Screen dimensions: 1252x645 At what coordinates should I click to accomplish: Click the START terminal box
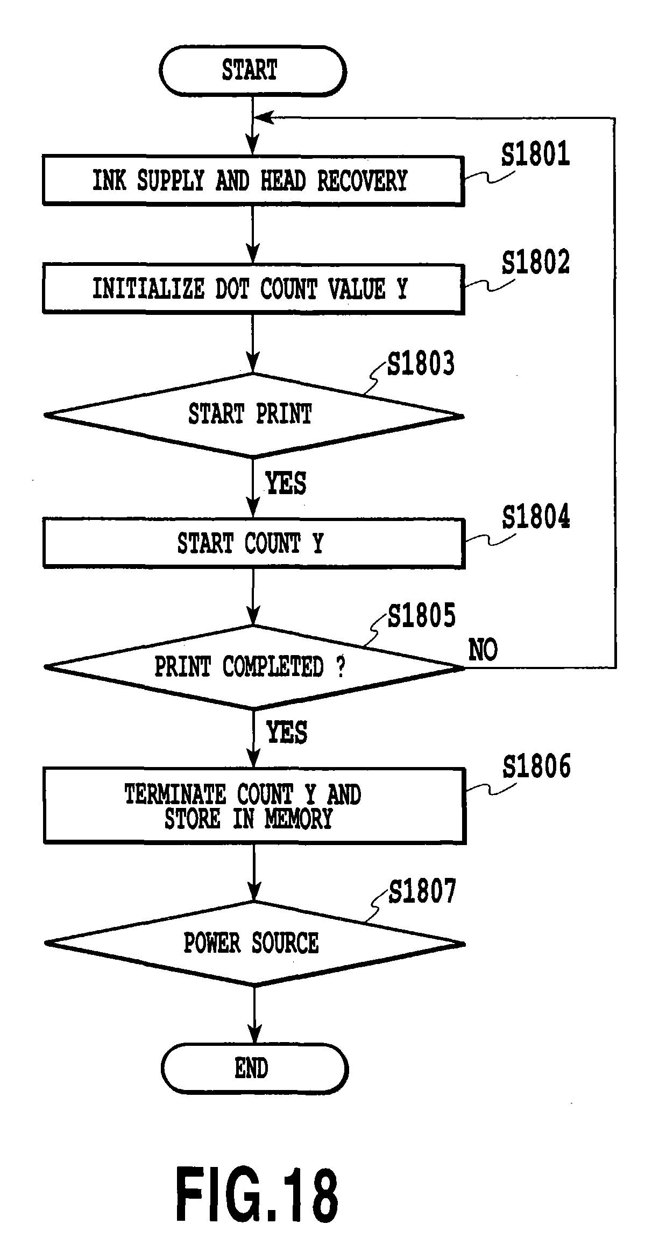click(252, 71)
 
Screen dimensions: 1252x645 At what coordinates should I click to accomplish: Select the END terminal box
click(254, 1068)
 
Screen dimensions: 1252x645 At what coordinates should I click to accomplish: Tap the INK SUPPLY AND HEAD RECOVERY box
click(253, 181)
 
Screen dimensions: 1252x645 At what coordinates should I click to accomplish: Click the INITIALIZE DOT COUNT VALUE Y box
click(253, 289)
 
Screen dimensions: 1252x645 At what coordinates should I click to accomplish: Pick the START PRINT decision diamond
click(253, 415)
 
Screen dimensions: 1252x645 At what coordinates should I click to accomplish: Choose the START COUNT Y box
click(253, 543)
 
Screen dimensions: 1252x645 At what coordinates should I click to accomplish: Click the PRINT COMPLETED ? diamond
click(253, 667)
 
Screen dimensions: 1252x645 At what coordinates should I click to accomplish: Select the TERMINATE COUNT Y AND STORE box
click(254, 805)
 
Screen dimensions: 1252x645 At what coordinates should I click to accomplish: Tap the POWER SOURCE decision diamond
click(254, 943)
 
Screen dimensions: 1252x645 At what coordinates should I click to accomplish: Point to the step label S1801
click(535, 154)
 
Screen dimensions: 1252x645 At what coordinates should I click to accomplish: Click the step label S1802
click(535, 262)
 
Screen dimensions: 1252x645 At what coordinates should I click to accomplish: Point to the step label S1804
click(536, 517)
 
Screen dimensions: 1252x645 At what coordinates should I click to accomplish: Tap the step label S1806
click(536, 766)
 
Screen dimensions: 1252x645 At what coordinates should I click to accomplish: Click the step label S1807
click(422, 891)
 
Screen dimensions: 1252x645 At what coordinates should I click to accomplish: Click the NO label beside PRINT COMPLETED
click(483, 650)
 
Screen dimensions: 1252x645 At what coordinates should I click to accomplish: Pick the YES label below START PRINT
click(286, 483)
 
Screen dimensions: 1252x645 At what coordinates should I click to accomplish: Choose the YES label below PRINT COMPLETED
click(287, 733)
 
